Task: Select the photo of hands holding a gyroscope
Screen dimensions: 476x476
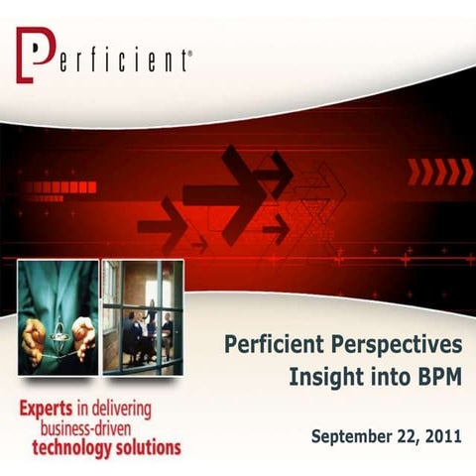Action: coord(58,317)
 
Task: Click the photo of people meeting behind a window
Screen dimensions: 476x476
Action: coord(142,317)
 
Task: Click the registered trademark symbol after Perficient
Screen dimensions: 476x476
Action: coord(189,59)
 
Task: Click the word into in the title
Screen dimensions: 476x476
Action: coord(382,377)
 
